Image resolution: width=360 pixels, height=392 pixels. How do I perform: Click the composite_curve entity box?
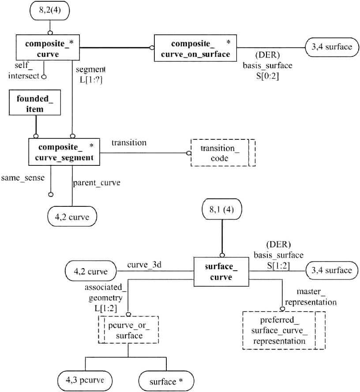coord(48,48)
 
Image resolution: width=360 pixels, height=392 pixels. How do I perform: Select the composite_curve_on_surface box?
coord(195,48)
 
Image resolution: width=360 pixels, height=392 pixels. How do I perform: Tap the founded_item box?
coord(35,102)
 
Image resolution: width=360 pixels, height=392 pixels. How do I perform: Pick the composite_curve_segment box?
coord(64,152)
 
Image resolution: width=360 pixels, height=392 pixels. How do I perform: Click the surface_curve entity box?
coord(221,272)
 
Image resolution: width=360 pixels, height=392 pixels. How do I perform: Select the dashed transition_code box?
coord(223,153)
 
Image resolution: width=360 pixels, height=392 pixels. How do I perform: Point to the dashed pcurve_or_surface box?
coord(128,330)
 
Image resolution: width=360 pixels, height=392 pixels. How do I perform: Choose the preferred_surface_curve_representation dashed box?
coord(284,330)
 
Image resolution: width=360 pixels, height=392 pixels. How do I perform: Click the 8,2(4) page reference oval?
coord(50,10)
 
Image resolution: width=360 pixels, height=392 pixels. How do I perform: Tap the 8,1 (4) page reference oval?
coord(222,209)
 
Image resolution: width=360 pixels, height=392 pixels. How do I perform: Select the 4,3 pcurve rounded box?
coord(85,381)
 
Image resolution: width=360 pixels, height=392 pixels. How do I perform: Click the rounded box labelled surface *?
coord(166,381)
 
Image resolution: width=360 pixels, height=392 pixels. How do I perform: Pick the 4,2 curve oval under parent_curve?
coord(72,217)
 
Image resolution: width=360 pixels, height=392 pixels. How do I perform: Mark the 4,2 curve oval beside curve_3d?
coord(90,271)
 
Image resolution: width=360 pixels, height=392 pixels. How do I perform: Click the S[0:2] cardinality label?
coord(267,76)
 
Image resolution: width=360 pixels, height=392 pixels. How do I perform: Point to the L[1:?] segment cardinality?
coord(91,80)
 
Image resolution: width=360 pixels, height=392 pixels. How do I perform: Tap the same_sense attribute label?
coord(23,178)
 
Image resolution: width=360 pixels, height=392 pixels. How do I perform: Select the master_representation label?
coord(311,297)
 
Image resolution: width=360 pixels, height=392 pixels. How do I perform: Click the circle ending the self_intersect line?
coord(44,77)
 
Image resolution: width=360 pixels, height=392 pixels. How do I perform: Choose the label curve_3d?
coord(144,265)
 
